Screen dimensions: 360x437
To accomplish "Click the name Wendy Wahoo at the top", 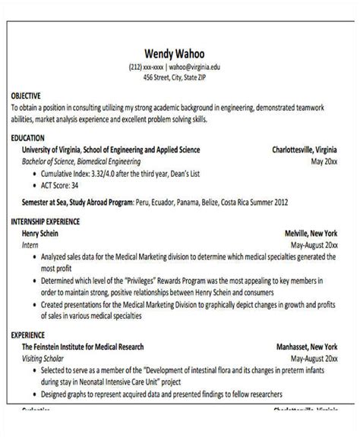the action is [x=178, y=54].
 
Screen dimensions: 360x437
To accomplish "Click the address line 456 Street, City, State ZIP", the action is [x=178, y=78].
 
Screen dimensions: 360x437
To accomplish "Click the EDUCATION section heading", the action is [x=28, y=139].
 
